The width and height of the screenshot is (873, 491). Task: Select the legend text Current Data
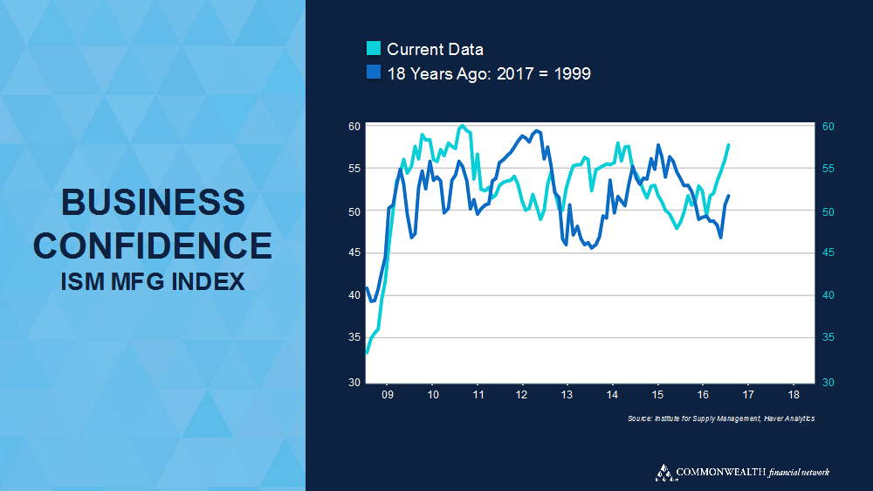435,50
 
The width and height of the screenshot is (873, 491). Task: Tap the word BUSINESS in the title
153,203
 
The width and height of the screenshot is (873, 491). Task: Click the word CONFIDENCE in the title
153,245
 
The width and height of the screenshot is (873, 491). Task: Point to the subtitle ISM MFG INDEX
153,281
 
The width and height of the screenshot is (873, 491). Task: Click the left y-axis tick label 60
354,127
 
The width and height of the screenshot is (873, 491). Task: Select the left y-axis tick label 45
354,253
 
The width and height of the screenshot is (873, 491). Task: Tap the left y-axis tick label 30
354,383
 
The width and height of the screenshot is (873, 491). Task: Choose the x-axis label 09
388,395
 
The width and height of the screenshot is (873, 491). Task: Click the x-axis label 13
567,395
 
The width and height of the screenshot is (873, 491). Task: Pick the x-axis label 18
793,395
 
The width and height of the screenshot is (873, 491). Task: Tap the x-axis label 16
703,395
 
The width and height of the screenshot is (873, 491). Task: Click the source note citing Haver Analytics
721,419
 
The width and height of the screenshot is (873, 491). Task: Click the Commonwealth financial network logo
742,473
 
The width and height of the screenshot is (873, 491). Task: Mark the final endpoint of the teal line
728,145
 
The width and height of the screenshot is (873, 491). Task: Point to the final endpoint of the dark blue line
728,196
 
